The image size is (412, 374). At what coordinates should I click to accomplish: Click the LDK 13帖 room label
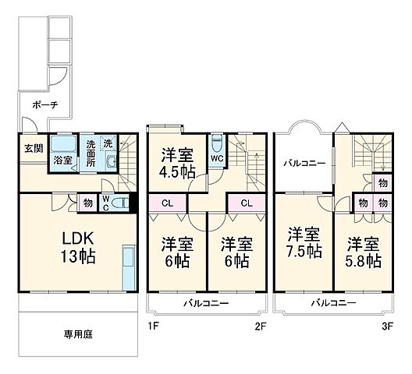coord(78,248)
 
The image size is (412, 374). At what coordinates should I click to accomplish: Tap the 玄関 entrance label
coord(34,149)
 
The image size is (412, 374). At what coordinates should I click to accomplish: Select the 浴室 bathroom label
coord(62,160)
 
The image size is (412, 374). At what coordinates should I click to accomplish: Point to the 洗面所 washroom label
coord(91,153)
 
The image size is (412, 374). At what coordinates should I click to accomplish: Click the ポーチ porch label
coord(45,105)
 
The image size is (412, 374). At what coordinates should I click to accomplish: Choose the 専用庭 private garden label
coord(78,334)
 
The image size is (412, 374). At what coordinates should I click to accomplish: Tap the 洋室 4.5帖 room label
coord(178,163)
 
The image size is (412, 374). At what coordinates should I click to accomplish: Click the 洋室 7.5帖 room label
coord(304,242)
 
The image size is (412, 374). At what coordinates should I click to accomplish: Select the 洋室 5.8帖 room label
coord(363,252)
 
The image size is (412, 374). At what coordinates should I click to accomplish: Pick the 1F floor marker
coord(153,326)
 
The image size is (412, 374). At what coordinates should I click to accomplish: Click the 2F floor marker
coord(261,326)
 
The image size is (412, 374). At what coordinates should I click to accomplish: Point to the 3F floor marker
coord(387,326)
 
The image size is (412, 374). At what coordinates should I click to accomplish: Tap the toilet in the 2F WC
coord(217,143)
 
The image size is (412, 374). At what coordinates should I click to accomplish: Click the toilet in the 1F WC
coord(120,203)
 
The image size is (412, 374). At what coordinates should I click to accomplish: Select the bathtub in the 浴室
coord(63,144)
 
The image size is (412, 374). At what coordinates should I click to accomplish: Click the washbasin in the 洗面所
coord(112,162)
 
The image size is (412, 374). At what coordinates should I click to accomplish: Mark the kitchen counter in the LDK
coord(129,267)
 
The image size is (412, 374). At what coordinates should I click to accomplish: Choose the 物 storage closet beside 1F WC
coord(87,203)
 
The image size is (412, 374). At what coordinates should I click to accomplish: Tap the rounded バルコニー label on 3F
coord(304,164)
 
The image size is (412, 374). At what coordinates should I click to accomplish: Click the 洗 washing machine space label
coord(108,144)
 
